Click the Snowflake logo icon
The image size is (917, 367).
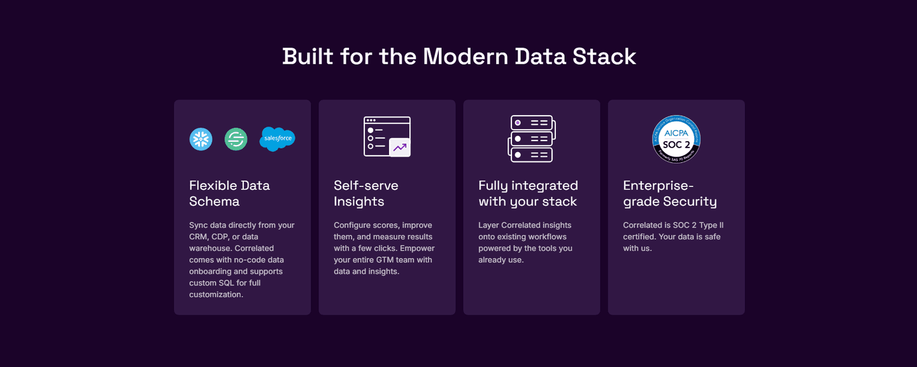201,139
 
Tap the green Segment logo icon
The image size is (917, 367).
236,139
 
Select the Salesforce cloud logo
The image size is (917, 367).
278,139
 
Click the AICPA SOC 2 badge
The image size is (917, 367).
676,139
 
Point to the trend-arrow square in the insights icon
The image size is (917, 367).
400,148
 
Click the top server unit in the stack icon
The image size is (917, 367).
532,123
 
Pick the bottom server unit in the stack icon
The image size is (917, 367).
532,155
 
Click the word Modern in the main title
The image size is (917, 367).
465,57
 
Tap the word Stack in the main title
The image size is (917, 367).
604,57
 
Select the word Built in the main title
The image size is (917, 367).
308,57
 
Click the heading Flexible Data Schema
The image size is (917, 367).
230,193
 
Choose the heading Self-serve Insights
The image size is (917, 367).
366,193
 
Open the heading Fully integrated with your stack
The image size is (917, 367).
528,193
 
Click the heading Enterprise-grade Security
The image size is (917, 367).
670,193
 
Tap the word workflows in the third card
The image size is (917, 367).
548,237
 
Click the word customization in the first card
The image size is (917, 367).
216,294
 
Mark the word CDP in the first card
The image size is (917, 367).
220,237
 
